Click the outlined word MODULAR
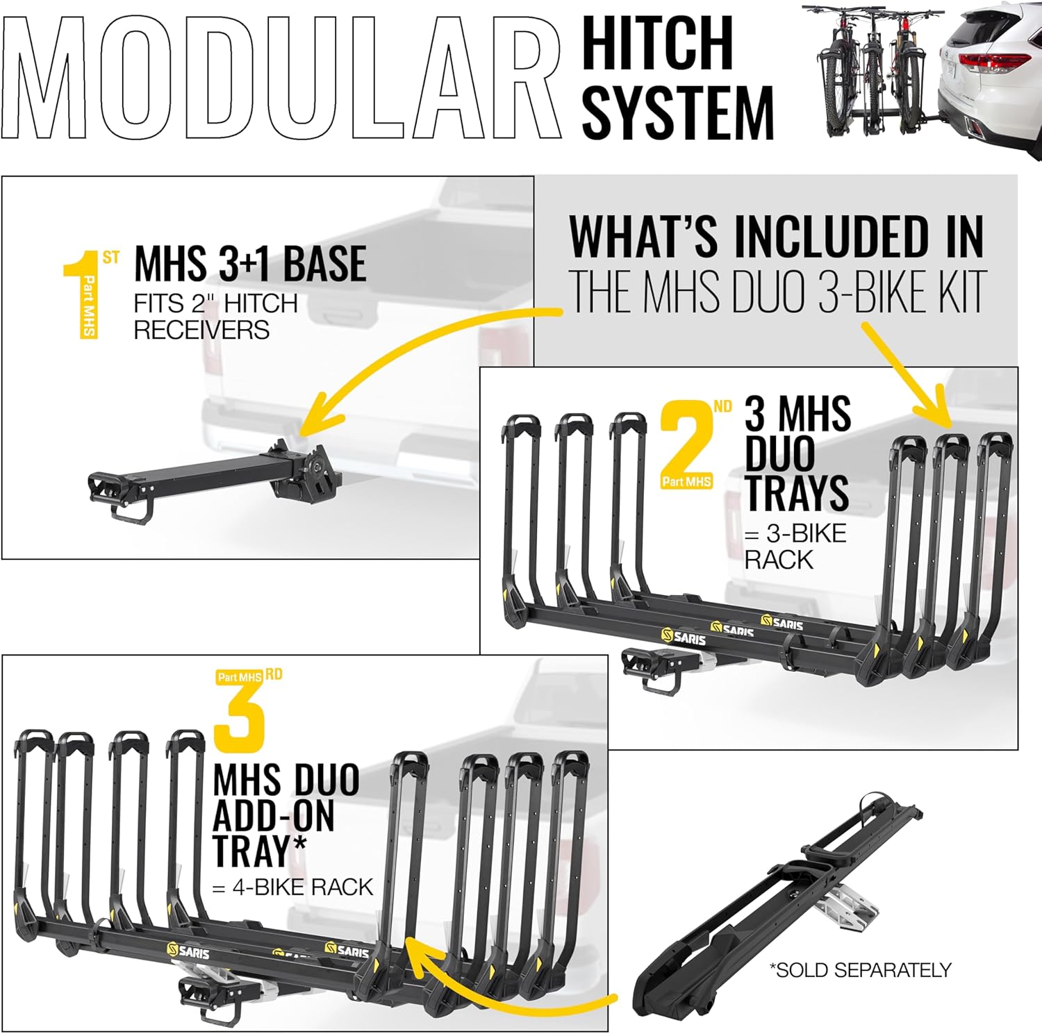click(281, 78)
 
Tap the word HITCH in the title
click(657, 43)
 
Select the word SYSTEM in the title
click(677, 111)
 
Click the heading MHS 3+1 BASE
click(250, 264)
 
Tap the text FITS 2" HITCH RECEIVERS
click(215, 317)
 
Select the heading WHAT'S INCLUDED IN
click(776, 237)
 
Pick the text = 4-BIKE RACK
click(292, 887)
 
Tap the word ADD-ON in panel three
click(273, 816)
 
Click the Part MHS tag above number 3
click(239, 677)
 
